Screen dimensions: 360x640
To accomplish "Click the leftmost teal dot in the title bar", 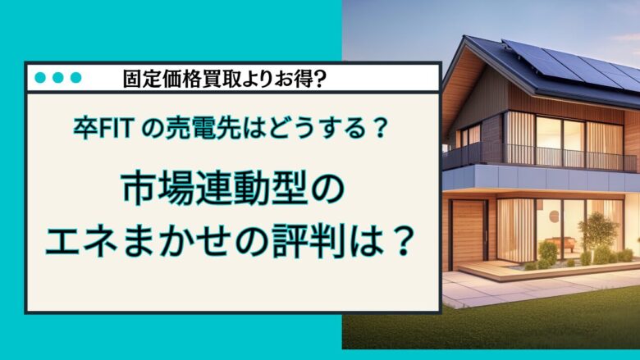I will pos(39,78).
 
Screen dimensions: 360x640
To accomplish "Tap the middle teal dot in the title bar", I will pos(57,78).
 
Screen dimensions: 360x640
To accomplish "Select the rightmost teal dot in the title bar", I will pos(75,78).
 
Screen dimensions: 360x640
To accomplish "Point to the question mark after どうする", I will pos(379,129).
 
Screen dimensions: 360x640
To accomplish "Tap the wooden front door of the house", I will pos(468,233).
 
